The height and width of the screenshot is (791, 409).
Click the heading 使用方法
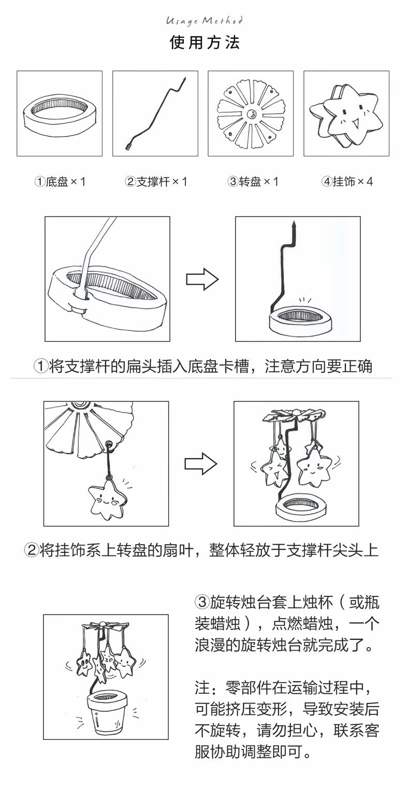[204, 42]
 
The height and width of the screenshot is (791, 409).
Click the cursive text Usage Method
[204, 21]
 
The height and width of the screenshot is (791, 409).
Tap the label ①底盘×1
[60, 182]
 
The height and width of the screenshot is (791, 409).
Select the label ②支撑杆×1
[155, 182]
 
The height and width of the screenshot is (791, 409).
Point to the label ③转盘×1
[252, 182]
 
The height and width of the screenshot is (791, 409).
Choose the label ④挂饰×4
[347, 182]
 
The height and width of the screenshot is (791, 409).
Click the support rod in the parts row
[155, 114]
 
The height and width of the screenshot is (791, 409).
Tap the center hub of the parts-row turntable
[251, 114]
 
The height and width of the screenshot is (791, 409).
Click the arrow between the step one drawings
[202, 280]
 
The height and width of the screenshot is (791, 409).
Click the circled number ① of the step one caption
[40, 367]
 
